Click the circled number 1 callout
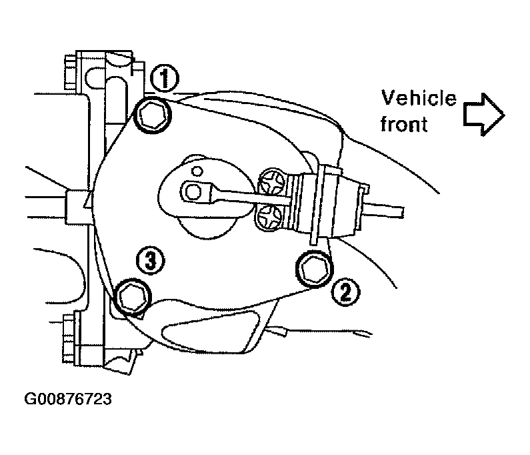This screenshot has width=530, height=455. pos(164,79)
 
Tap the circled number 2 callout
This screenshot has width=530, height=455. pos(345,293)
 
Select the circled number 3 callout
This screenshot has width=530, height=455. pos(151,260)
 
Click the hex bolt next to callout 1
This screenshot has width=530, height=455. pos(153,115)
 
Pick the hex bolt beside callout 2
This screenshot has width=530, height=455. pos(315,269)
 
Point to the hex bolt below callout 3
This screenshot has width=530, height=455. pos(133,297)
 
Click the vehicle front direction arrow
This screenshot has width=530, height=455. pos(484,114)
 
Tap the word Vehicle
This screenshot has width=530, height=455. pos(419,98)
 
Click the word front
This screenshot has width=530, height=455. pos(404,124)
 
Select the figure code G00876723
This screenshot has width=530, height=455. pos(68,399)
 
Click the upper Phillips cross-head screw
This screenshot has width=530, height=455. pos(272,181)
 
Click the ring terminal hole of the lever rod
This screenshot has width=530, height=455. pos(193,193)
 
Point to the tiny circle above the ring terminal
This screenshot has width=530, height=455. pos(197,171)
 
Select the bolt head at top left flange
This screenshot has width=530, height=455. pos(70,73)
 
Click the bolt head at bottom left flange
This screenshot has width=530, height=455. pos(69,339)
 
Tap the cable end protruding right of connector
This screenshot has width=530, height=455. pos(383,209)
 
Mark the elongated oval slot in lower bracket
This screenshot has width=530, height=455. pos(210,332)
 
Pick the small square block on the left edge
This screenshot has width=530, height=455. pos(77,207)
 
